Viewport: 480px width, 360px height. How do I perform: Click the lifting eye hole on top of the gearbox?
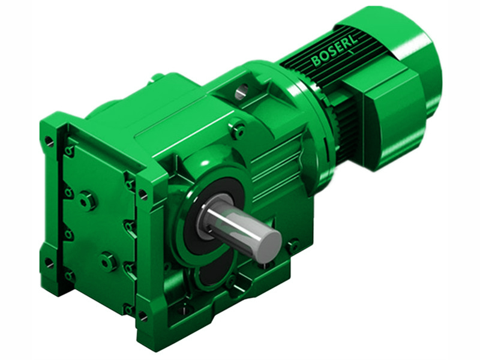[x=241, y=92]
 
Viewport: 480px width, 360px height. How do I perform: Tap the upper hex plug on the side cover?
[x=88, y=200]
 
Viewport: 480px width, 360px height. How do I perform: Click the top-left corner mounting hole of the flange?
[x=49, y=142]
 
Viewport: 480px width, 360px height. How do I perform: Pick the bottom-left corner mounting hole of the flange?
[x=49, y=263]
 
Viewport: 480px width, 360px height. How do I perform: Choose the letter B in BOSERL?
[x=316, y=61]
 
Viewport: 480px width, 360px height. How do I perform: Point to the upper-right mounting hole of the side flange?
[x=143, y=194]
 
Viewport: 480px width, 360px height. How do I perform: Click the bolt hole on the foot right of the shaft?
[x=292, y=245]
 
